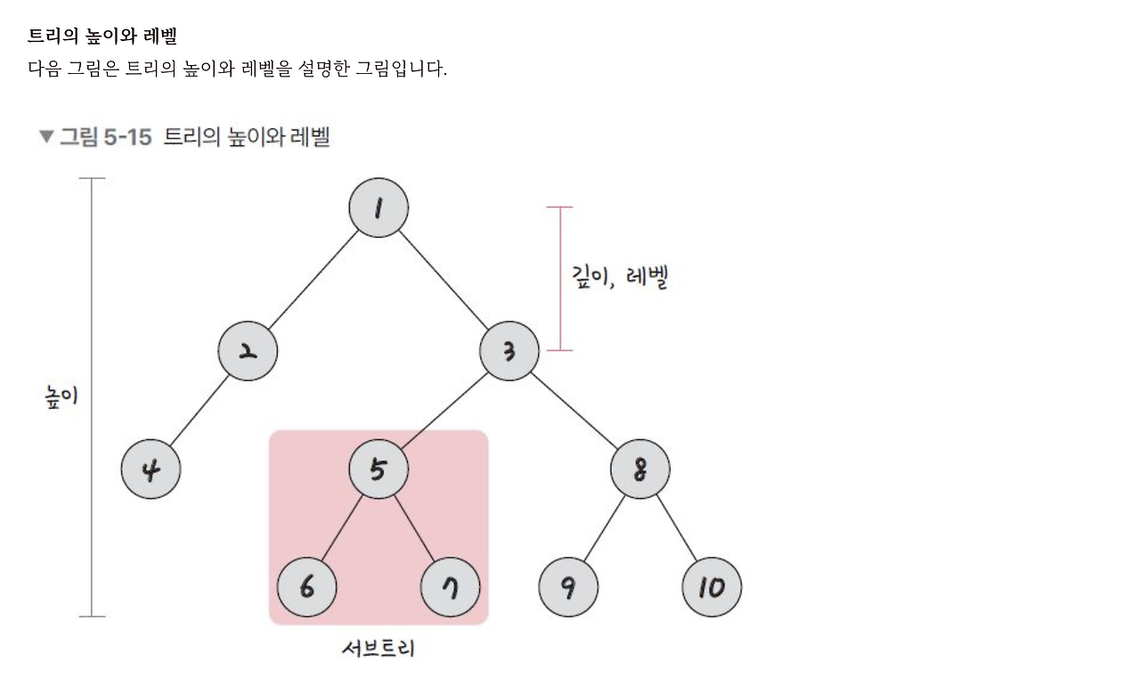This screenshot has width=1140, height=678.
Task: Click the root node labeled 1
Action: [x=379, y=208]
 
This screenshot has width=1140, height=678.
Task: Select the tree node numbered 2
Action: [x=248, y=351]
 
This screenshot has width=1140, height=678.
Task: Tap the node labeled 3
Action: [x=509, y=351]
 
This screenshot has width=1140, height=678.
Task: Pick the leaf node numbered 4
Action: [x=151, y=470]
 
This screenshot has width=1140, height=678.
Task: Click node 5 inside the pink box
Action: [x=379, y=470]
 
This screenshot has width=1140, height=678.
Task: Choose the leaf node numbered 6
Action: [x=306, y=587]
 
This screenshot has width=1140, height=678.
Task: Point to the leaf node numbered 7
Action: [x=451, y=587]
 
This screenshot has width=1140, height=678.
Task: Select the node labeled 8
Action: [x=640, y=470]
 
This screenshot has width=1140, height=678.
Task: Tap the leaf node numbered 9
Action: [x=568, y=587]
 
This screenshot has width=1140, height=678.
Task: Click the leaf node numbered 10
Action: [x=712, y=587]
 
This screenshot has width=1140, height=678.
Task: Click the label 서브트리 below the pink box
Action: [x=379, y=649]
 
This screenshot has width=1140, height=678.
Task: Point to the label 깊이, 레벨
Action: [x=620, y=277]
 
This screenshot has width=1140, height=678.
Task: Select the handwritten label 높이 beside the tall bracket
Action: [x=61, y=396]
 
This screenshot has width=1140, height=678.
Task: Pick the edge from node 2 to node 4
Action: [x=199, y=411]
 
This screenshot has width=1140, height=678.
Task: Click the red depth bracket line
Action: [x=559, y=278]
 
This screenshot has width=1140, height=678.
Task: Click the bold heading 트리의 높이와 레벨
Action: [x=102, y=37]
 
